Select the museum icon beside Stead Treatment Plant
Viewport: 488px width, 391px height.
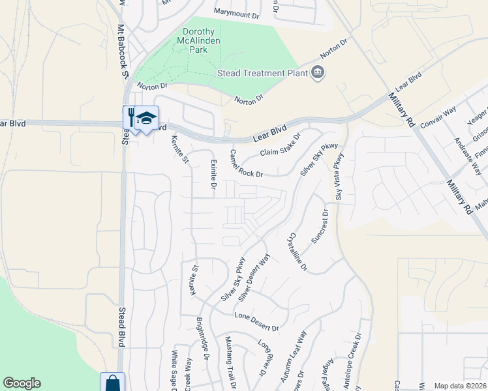point(318,72)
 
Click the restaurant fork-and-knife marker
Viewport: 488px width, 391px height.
point(132,118)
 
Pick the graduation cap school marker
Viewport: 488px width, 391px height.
point(147,118)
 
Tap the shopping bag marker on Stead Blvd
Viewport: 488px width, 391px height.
point(112,383)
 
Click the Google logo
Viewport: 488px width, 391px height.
point(22,383)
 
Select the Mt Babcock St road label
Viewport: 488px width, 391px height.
point(121,53)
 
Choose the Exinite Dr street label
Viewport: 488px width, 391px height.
point(213,175)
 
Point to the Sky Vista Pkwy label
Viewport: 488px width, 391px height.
point(339,176)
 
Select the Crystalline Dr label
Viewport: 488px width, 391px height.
point(297,253)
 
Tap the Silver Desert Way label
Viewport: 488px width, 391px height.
point(254,277)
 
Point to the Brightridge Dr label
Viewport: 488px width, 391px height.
point(203,340)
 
